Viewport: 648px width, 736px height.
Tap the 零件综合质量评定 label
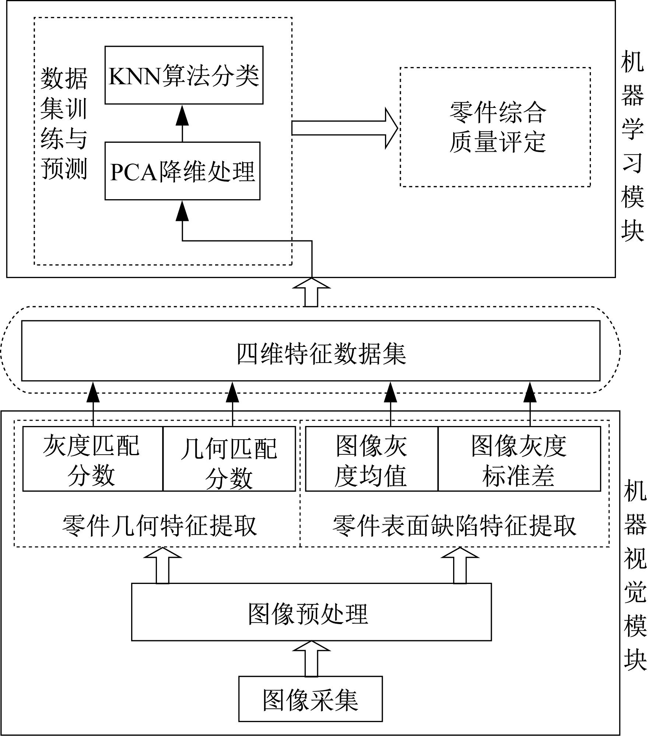497,127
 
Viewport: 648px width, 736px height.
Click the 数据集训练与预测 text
64,124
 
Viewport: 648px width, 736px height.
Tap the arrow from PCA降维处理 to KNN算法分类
182,123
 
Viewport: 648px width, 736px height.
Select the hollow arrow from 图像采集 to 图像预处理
311,659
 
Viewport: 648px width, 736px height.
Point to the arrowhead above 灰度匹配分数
93,392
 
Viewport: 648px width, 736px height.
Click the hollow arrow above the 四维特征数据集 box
311,292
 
